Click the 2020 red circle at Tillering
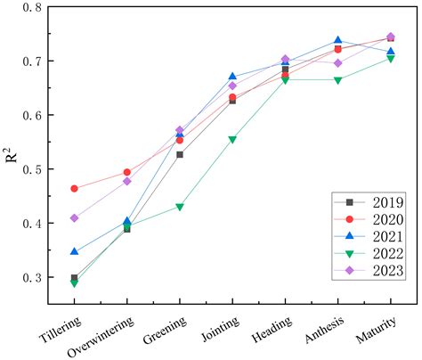pyautogui.click(x=75, y=188)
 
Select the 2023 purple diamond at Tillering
pyautogui.click(x=75, y=217)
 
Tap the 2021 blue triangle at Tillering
pyautogui.click(x=75, y=251)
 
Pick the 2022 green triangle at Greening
pyautogui.click(x=180, y=207)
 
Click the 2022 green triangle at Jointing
pyautogui.click(x=232, y=140)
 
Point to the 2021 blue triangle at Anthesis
pyautogui.click(x=337, y=40)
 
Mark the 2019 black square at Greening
pyautogui.click(x=180, y=154)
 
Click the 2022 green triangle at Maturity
pyautogui.click(x=390, y=59)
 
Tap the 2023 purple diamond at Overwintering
pyautogui.click(x=127, y=181)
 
